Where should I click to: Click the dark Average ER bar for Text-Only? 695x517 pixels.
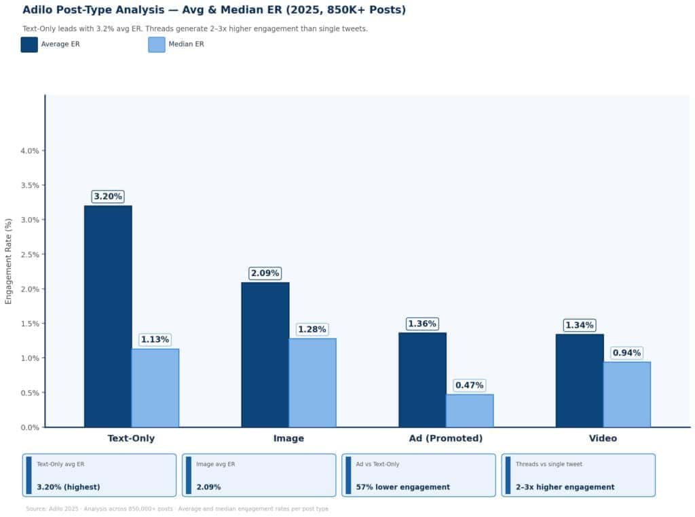(x=108, y=316)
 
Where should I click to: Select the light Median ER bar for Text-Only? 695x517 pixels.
(x=155, y=388)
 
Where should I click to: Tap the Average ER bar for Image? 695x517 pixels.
(x=265, y=355)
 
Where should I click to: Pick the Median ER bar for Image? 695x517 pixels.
(x=312, y=383)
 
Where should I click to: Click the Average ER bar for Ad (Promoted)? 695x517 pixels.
(x=422, y=380)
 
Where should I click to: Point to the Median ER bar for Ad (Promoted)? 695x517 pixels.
(x=470, y=410)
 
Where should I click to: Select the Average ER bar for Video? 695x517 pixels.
(x=579, y=381)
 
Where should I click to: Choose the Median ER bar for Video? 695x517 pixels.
(x=626, y=394)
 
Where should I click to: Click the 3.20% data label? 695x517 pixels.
(x=108, y=197)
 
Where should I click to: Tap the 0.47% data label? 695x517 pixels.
(x=470, y=385)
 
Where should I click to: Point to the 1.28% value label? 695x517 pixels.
(x=312, y=330)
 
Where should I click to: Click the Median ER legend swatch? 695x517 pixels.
(x=157, y=45)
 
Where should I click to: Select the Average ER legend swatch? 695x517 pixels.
(x=29, y=45)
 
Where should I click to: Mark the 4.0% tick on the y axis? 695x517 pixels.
(x=31, y=151)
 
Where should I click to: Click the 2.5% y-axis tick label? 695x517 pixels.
(x=31, y=254)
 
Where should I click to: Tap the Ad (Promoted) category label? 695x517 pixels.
(x=446, y=438)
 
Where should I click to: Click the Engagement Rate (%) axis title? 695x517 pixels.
(x=9, y=261)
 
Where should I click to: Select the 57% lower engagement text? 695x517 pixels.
(x=403, y=487)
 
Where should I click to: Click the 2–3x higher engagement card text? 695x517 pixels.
(x=565, y=487)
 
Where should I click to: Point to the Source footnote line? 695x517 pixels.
(x=177, y=509)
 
